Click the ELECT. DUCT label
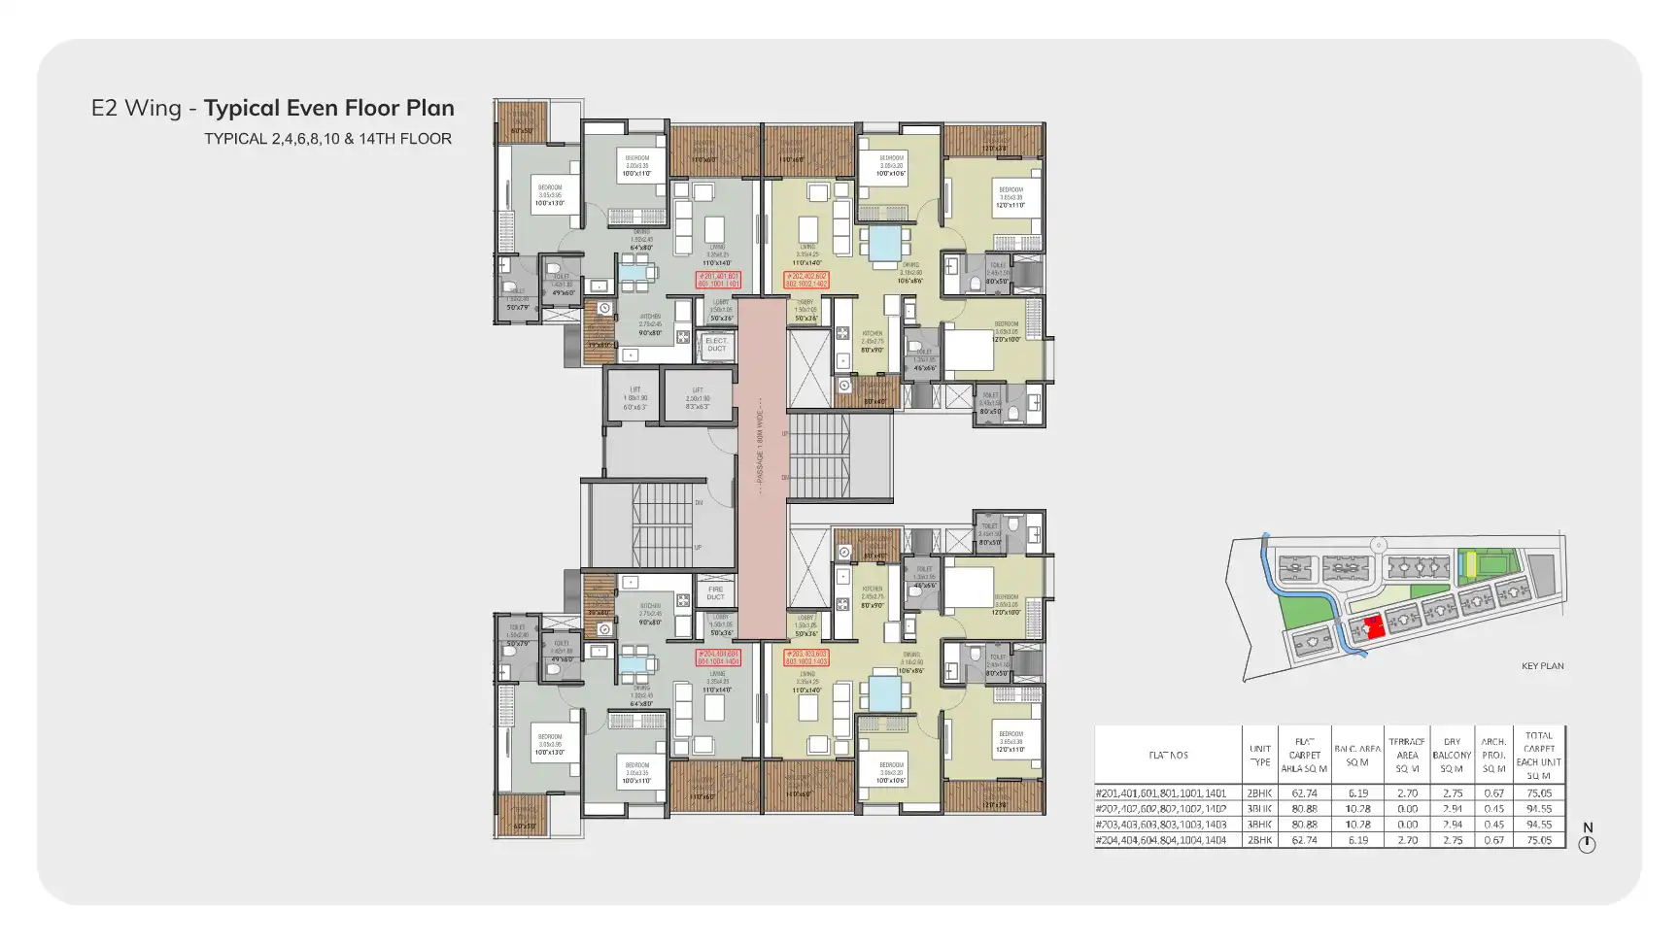coord(716,345)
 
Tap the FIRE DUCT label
coord(715,592)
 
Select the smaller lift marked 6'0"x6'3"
coord(634,398)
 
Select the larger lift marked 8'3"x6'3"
coord(698,398)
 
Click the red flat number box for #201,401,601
coord(718,280)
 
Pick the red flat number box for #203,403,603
coord(806,657)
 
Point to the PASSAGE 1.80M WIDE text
coord(760,442)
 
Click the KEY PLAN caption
coord(1542,666)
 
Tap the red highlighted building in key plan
coord(1373,627)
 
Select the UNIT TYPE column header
coord(1259,756)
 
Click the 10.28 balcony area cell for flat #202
coord(1357,809)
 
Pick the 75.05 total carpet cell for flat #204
coord(1538,840)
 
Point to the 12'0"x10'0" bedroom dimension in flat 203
coord(1006,612)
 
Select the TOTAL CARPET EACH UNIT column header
coord(1538,756)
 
